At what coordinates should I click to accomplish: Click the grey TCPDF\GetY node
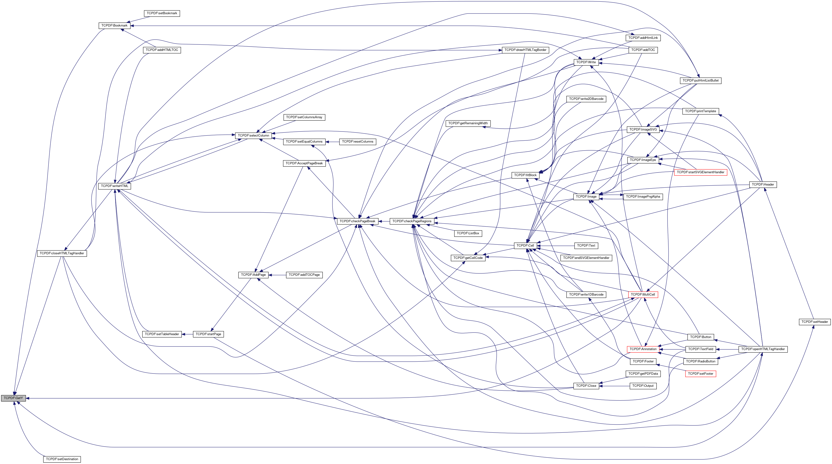click(x=13, y=398)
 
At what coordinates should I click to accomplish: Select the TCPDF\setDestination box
click(x=62, y=459)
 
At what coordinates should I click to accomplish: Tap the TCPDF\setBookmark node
click(x=162, y=13)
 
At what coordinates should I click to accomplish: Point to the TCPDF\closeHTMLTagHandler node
click(x=62, y=253)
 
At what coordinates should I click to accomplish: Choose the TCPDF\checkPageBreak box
click(x=357, y=221)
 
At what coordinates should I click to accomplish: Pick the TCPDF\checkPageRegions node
click(x=412, y=221)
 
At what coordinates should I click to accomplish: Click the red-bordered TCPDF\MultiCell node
click(x=643, y=295)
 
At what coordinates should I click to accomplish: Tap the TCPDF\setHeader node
click(x=815, y=322)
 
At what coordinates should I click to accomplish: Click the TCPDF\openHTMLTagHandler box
click(x=763, y=349)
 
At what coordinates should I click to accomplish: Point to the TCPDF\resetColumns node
click(x=358, y=142)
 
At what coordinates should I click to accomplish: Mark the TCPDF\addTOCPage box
click(x=304, y=275)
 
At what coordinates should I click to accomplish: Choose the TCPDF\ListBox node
click(x=468, y=233)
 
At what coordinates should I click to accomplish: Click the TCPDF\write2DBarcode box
click(x=586, y=99)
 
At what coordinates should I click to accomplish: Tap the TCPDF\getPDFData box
click(x=643, y=374)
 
